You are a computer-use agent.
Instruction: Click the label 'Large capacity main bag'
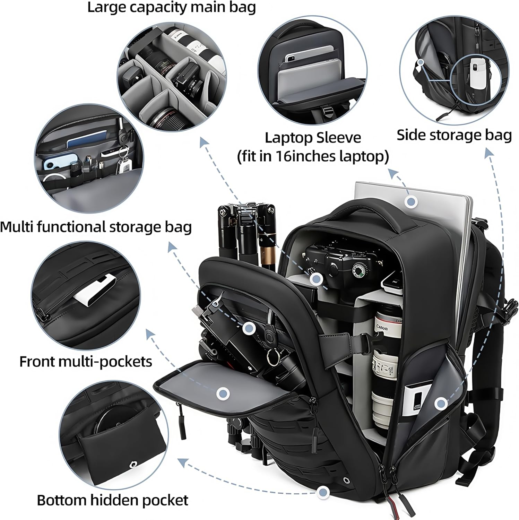pos(171,8)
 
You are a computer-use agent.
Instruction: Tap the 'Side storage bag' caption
pos(454,135)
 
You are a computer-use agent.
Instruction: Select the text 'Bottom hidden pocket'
pos(112,500)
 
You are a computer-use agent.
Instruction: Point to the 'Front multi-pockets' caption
pos(86,362)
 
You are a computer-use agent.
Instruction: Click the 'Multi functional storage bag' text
pos(96,227)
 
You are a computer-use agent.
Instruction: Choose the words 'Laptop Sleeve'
pos(313,138)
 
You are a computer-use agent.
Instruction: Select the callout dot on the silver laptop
pos(412,201)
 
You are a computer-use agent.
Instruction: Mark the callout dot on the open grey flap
pos(223,393)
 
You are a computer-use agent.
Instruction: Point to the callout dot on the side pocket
pos(441,403)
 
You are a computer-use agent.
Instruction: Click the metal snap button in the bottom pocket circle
pos(132,465)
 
